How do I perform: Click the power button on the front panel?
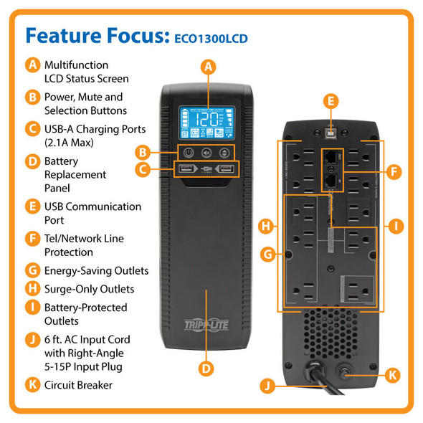[x=188, y=152]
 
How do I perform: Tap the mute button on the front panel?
[x=206, y=152]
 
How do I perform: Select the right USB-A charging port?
[x=225, y=170]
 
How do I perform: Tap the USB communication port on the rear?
[x=331, y=133]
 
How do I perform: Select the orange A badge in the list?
[x=32, y=65]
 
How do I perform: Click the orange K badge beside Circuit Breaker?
[x=32, y=385]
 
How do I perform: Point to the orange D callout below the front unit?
[x=206, y=369]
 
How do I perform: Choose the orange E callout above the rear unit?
[x=331, y=101]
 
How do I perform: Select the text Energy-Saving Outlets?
[x=96, y=270]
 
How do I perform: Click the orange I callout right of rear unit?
[x=395, y=226]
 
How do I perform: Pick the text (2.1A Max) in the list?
[x=72, y=143]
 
